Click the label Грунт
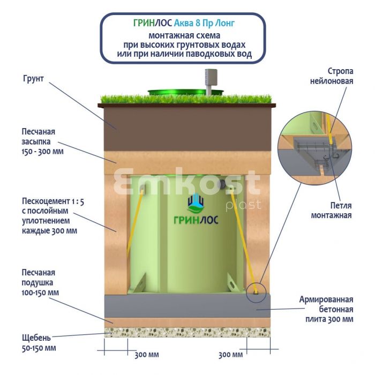click(33, 78)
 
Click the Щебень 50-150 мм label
click(39, 343)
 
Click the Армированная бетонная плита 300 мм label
click(326, 309)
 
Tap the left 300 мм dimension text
click(147, 354)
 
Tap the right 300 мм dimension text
click(231, 354)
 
